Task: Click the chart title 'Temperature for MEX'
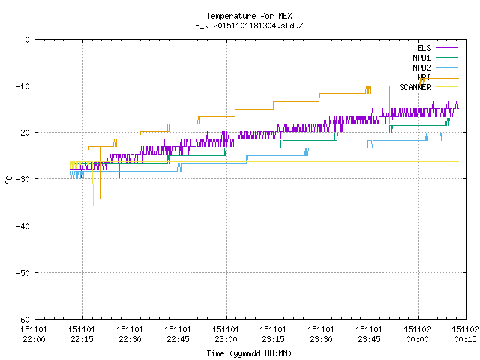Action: (249, 16)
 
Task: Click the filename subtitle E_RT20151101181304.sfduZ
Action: (249, 25)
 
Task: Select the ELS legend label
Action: (424, 48)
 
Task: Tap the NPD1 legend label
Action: (421, 58)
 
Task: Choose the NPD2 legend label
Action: (421, 67)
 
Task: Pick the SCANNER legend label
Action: (415, 87)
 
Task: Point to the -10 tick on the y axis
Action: (23, 86)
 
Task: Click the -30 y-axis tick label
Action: (23, 179)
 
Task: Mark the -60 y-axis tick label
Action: (23, 319)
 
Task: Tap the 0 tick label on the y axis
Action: (28, 40)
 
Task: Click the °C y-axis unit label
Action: (8, 180)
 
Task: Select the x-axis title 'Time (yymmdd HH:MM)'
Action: (249, 353)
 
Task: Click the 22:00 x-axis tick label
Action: (34, 339)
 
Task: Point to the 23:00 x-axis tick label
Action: (226, 339)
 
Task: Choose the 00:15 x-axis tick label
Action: (465, 339)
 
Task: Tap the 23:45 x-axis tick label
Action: (369, 339)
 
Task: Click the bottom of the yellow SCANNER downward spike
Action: (93, 205)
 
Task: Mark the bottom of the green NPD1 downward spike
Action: (118, 193)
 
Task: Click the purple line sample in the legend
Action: (447, 48)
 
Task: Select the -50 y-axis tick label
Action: (23, 273)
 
